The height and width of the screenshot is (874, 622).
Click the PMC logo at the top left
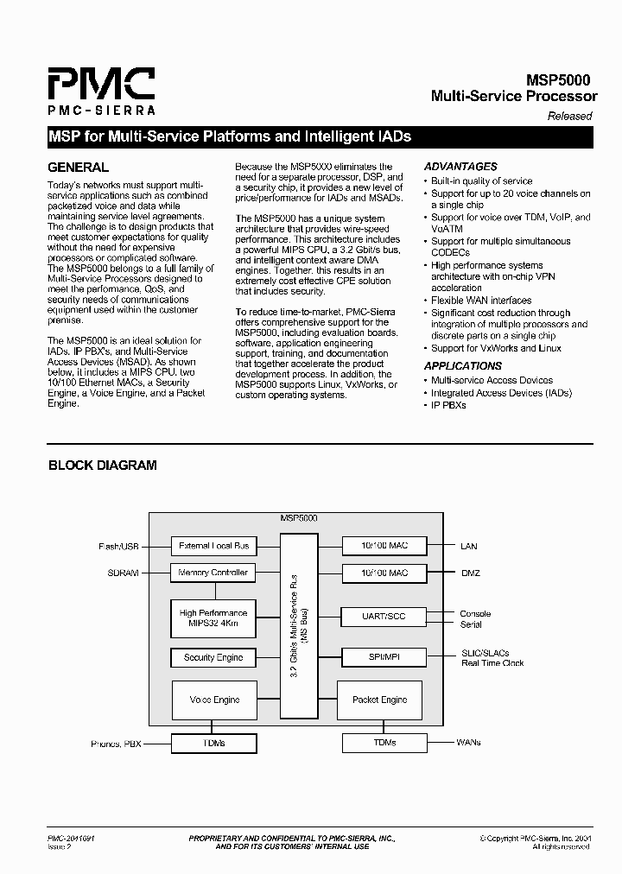pos(101,92)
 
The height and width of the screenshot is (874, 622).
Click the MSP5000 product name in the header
pos(560,79)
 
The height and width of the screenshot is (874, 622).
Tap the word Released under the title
pos(569,116)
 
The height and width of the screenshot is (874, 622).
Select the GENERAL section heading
pos(78,168)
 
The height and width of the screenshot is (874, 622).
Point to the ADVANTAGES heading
pos(460,167)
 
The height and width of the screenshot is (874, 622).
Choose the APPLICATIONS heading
pos(463,366)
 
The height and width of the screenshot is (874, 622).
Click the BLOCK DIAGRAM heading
pos(102,465)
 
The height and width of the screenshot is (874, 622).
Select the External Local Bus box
pos(213,546)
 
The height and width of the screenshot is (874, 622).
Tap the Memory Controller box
pos(213,573)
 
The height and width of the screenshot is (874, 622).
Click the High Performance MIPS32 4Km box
pos(213,618)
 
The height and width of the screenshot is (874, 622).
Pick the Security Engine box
pos(213,658)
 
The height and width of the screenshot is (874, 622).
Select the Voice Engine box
pos(214,700)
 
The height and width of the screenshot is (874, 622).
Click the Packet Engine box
pos(380,700)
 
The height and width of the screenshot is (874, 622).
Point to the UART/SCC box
pos(384,616)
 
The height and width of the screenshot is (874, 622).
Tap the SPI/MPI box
pos(384,657)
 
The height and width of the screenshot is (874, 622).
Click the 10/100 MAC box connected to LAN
pos(384,546)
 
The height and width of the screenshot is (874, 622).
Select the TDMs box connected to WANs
pos(384,743)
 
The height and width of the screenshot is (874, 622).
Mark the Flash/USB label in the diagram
pos(119,546)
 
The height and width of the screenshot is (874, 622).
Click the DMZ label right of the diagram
pos(470,573)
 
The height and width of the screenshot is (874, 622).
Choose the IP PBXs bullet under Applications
pos(449,405)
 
